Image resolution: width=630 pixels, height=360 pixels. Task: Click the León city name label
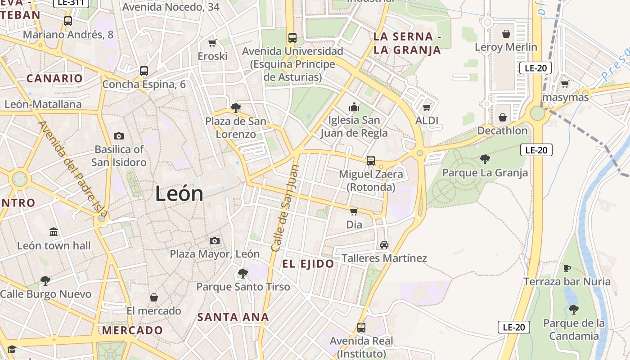(x=179, y=194)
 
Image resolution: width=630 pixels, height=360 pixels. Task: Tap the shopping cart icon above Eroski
(x=212, y=43)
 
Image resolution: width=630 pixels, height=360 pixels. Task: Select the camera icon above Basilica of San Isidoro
(x=119, y=136)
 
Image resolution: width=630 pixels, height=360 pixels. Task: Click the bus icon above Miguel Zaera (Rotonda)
(x=371, y=161)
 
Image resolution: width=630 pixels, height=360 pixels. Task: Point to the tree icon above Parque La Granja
(x=485, y=159)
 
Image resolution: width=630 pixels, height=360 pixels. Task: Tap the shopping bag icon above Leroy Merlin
(x=506, y=34)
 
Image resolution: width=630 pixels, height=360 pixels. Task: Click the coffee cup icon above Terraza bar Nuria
(x=567, y=269)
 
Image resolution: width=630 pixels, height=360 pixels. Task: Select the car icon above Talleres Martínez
(x=384, y=245)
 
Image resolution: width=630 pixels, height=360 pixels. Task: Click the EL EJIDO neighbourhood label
(x=308, y=264)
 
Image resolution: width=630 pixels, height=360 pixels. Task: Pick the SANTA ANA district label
(x=233, y=317)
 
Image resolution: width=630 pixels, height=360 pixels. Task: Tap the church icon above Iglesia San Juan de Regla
(x=354, y=107)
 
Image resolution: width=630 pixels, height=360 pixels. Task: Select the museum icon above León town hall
(x=54, y=232)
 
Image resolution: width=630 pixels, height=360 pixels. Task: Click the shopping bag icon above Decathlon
(x=503, y=117)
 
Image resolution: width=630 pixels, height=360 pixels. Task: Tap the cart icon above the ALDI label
(x=427, y=108)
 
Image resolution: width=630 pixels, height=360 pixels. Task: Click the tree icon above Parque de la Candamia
(x=573, y=310)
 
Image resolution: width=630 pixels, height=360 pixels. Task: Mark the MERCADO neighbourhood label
(x=132, y=330)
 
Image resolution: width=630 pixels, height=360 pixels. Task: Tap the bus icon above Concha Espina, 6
(x=144, y=71)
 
